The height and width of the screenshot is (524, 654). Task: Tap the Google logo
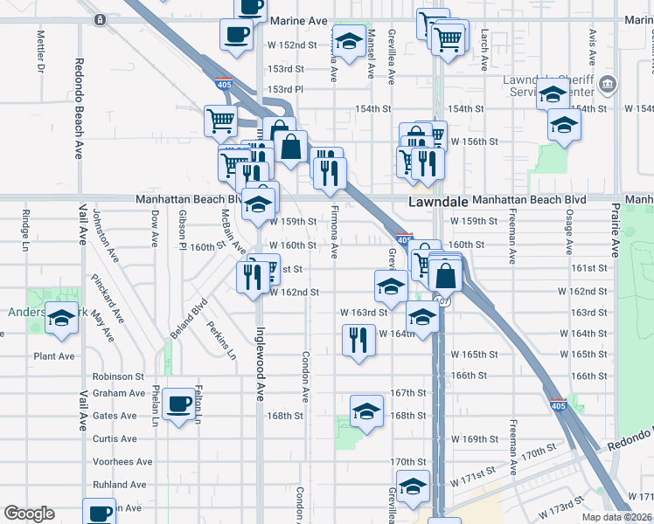tap(29, 514)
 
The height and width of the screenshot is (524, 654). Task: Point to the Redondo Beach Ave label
tap(78, 108)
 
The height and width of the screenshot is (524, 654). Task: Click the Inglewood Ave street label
tap(260, 370)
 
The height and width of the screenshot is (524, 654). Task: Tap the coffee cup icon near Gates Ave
tap(178, 403)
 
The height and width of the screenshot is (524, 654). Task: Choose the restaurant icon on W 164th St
tap(358, 337)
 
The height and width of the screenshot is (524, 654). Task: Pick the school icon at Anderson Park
tap(61, 320)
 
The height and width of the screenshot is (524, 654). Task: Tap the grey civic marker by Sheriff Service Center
tap(609, 86)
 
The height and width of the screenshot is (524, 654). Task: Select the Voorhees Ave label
tap(122, 462)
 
